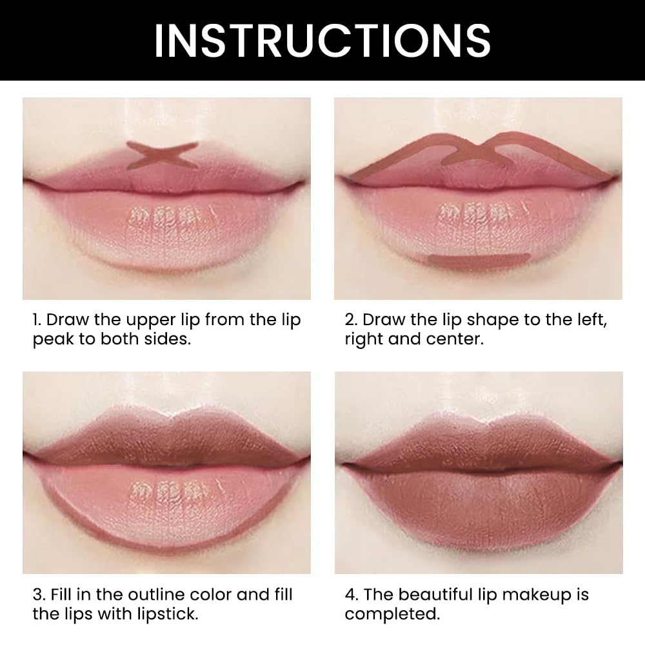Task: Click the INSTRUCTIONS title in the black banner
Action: tap(322, 40)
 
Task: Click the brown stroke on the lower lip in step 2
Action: tap(479, 259)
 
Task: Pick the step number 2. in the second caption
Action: tap(351, 321)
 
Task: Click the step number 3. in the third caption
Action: tap(39, 594)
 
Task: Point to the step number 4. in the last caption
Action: tap(351, 594)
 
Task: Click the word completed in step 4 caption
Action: tap(392, 613)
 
